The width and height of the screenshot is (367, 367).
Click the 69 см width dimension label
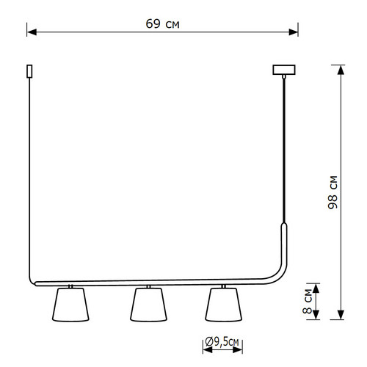click(163, 24)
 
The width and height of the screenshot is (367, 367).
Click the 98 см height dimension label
click(333, 192)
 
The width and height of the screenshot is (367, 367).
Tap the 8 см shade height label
click(308, 301)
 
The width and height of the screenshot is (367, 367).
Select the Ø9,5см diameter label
click(222, 341)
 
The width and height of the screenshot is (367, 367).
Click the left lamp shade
click(70, 305)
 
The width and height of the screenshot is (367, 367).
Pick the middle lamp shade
click(148, 305)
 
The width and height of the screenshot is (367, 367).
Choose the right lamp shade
click(223, 305)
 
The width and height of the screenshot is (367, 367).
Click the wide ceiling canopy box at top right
click(284, 70)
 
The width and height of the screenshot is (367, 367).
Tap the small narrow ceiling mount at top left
click(29, 71)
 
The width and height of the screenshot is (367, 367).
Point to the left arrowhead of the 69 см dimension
click(32, 32)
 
